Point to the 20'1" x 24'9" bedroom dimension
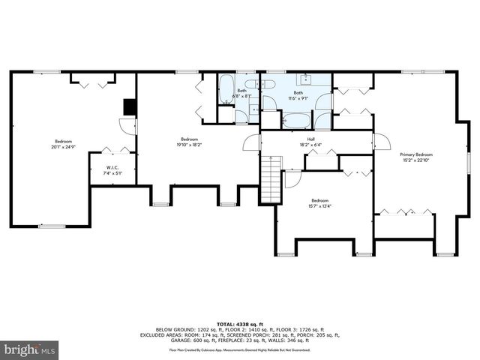point(64,146)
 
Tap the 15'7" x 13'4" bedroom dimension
point(320,205)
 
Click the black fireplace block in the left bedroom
point(130,107)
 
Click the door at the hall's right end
point(381,142)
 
